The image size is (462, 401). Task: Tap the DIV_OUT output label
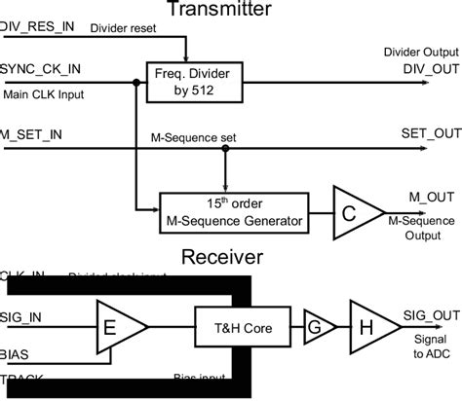(x=427, y=71)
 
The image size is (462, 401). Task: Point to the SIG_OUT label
(x=427, y=313)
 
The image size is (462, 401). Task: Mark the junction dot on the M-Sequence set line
(x=225, y=148)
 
